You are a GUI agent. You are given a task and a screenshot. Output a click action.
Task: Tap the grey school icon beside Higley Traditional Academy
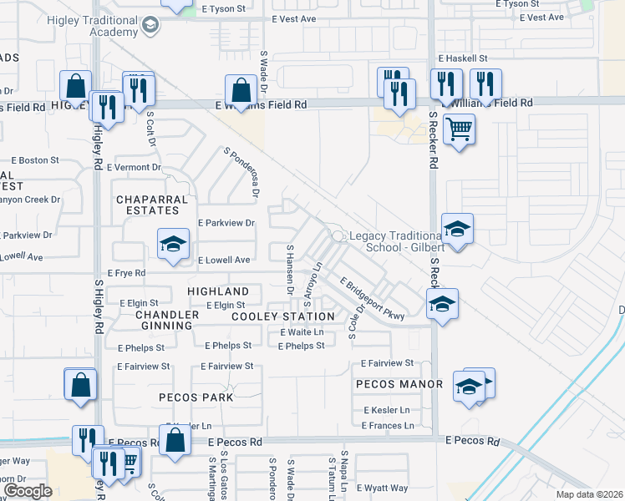click(150, 26)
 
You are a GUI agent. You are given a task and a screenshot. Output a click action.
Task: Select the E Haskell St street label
click(463, 58)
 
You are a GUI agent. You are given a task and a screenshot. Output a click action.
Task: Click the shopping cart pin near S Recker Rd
click(459, 130)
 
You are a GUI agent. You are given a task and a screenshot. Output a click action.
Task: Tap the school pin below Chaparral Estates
click(173, 245)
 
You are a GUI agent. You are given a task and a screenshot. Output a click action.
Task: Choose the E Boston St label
click(34, 159)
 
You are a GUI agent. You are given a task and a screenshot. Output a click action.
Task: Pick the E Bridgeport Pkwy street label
click(372, 298)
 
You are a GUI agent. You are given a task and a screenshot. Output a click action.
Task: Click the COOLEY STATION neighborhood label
click(282, 317)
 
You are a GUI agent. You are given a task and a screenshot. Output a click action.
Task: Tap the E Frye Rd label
click(127, 273)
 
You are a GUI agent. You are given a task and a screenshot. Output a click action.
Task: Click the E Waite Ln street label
click(302, 332)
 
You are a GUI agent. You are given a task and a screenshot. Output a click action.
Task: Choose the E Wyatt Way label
click(383, 488)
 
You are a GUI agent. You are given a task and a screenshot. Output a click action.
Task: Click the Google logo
click(28, 491)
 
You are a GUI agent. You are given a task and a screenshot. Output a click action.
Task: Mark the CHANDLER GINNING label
click(167, 320)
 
